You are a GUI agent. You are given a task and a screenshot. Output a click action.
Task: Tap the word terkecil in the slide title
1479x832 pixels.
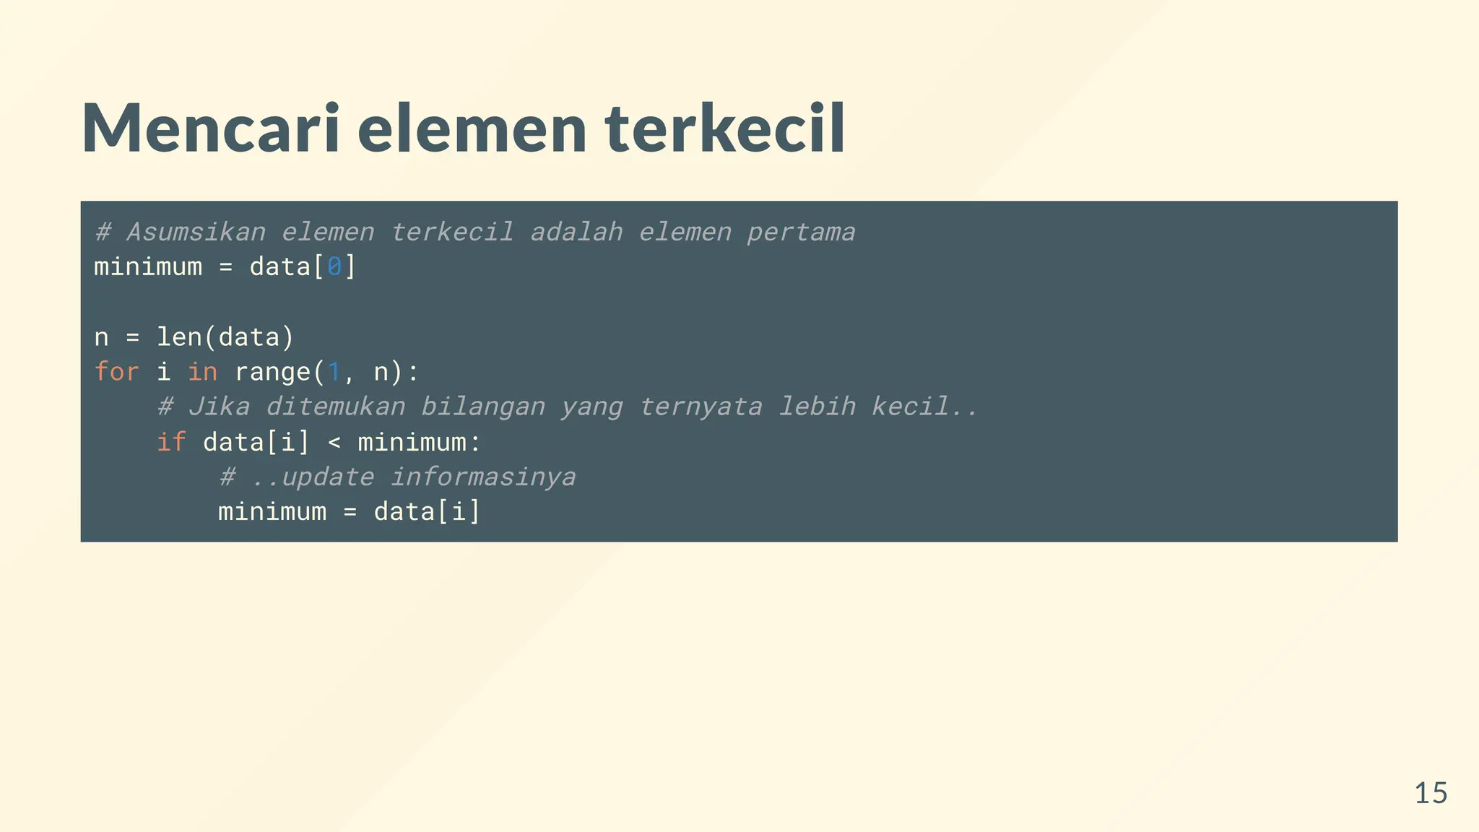724,129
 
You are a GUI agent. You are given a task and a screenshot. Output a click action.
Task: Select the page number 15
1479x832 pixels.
1430,793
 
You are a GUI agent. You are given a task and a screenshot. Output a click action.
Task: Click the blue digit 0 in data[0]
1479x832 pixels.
334,267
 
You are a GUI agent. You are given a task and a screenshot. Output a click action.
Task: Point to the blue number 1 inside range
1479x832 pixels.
334,372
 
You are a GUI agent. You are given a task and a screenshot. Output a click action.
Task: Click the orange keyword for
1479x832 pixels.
117,372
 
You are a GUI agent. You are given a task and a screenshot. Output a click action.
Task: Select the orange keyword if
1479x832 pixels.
171,442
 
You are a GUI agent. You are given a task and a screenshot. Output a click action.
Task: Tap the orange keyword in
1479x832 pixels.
202,372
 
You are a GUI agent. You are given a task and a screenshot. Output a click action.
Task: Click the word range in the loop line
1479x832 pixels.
272,372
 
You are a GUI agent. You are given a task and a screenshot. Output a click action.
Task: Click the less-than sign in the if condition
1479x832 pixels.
334,442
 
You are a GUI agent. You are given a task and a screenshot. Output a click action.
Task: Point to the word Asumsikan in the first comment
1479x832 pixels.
196,232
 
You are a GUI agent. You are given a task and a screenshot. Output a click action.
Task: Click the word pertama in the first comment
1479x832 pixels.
801,232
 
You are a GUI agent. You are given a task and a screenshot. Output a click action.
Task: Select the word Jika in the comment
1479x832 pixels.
219,407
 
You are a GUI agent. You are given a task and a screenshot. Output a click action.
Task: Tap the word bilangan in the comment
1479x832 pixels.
482,407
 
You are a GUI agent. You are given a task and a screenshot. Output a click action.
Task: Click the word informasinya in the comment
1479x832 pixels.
482,477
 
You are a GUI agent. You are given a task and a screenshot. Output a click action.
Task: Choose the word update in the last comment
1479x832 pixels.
327,477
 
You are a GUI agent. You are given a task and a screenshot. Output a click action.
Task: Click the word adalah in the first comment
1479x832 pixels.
576,232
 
